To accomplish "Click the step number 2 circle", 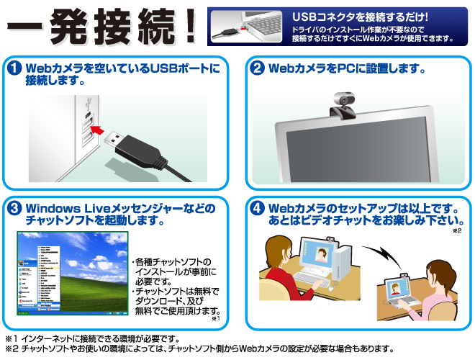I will (256, 69).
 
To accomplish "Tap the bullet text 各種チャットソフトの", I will (173, 261).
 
